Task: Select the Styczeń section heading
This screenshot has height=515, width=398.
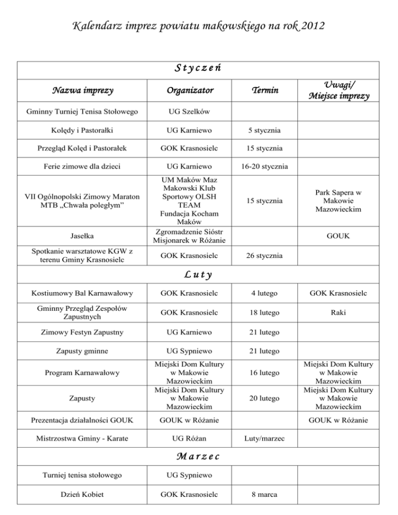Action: (198, 67)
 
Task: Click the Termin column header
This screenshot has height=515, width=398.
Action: (265, 90)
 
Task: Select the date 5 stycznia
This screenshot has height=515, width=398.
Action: (265, 130)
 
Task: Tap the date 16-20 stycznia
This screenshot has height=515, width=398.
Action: (265, 166)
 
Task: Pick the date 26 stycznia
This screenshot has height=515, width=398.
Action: (265, 255)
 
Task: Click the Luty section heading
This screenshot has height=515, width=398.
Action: (198, 275)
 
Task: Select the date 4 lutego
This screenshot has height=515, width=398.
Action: (265, 294)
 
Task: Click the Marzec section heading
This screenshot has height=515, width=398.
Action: (198, 456)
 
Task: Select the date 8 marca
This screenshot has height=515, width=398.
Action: (265, 494)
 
